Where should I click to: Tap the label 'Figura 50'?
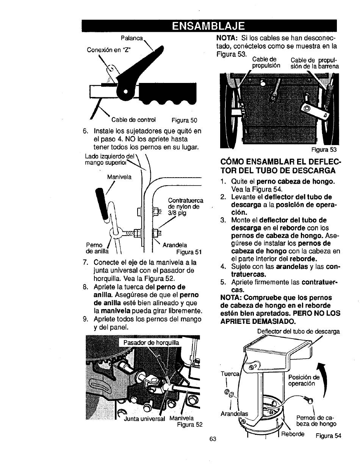185,120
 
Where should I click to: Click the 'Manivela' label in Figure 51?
119,176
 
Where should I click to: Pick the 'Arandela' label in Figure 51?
175,245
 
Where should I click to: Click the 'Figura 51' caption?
189,252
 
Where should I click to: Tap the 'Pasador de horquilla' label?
150,343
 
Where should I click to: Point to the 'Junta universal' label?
145,419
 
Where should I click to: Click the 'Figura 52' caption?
190,425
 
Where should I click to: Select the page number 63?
212,439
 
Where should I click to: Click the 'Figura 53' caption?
324,149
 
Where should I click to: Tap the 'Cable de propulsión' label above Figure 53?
266,62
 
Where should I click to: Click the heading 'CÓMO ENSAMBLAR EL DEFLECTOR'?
281,167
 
